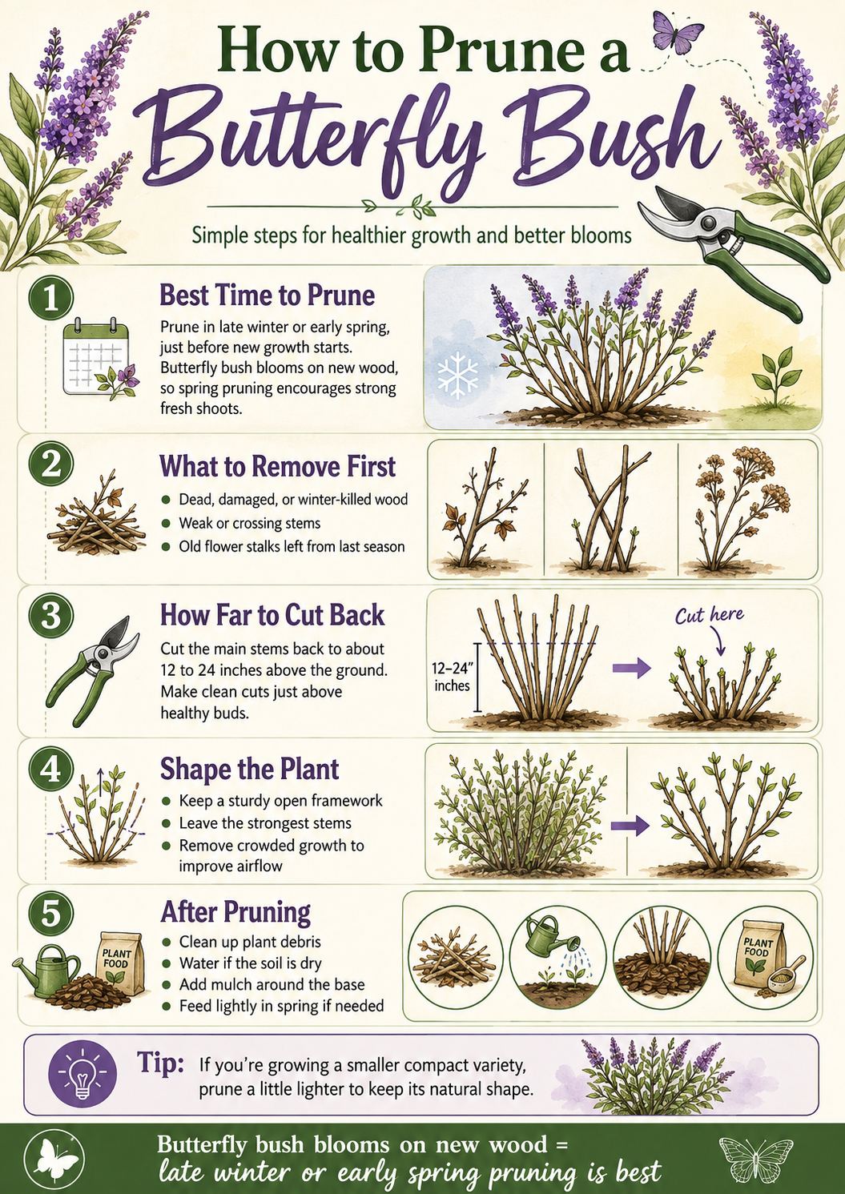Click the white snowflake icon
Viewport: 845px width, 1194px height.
click(x=457, y=378)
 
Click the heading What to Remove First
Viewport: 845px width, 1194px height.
click(x=277, y=466)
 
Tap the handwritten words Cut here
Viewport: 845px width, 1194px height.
click(x=709, y=615)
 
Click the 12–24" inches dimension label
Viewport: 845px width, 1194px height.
click(x=452, y=677)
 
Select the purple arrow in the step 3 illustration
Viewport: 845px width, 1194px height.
click(x=632, y=668)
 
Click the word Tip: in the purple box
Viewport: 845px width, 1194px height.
click(x=160, y=1062)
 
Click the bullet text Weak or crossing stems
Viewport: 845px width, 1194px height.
click(x=250, y=523)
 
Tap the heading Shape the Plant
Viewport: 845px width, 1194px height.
click(x=250, y=769)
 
